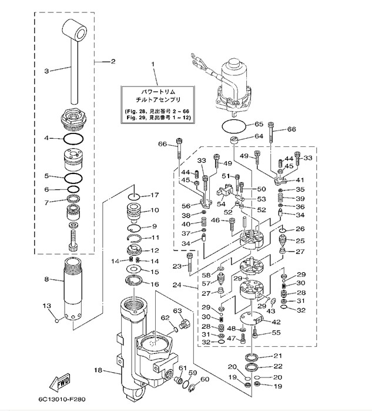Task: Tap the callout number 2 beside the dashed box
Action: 113,61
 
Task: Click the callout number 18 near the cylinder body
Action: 98,371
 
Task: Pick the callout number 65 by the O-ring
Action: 259,125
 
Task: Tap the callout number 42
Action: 276,322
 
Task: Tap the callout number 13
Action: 46,306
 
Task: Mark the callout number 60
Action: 205,379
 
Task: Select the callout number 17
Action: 155,195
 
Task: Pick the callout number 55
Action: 276,332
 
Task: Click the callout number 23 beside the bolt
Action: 176,266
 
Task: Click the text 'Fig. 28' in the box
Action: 136,111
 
